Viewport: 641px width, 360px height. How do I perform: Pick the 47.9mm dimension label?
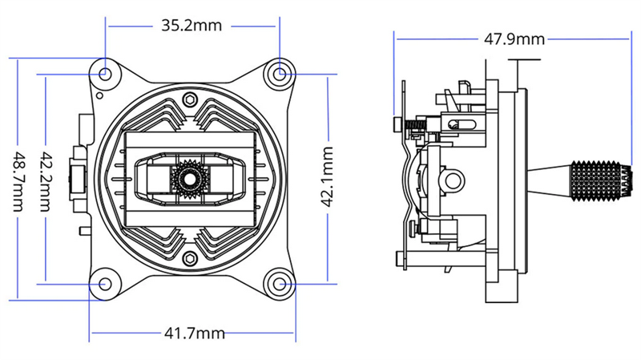pos(514,38)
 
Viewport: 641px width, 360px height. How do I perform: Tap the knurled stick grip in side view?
pos(598,178)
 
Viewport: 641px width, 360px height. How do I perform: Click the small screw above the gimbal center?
pos(190,99)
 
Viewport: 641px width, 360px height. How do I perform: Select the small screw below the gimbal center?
pos(190,258)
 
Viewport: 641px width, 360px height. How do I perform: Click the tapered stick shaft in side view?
pos(549,178)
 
